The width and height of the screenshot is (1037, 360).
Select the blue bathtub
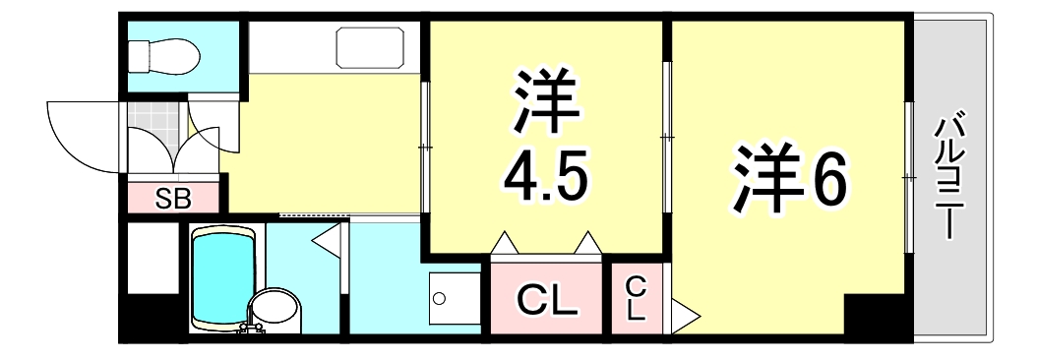coord(223,277)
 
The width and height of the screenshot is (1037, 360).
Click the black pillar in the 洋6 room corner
coord(878,316)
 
